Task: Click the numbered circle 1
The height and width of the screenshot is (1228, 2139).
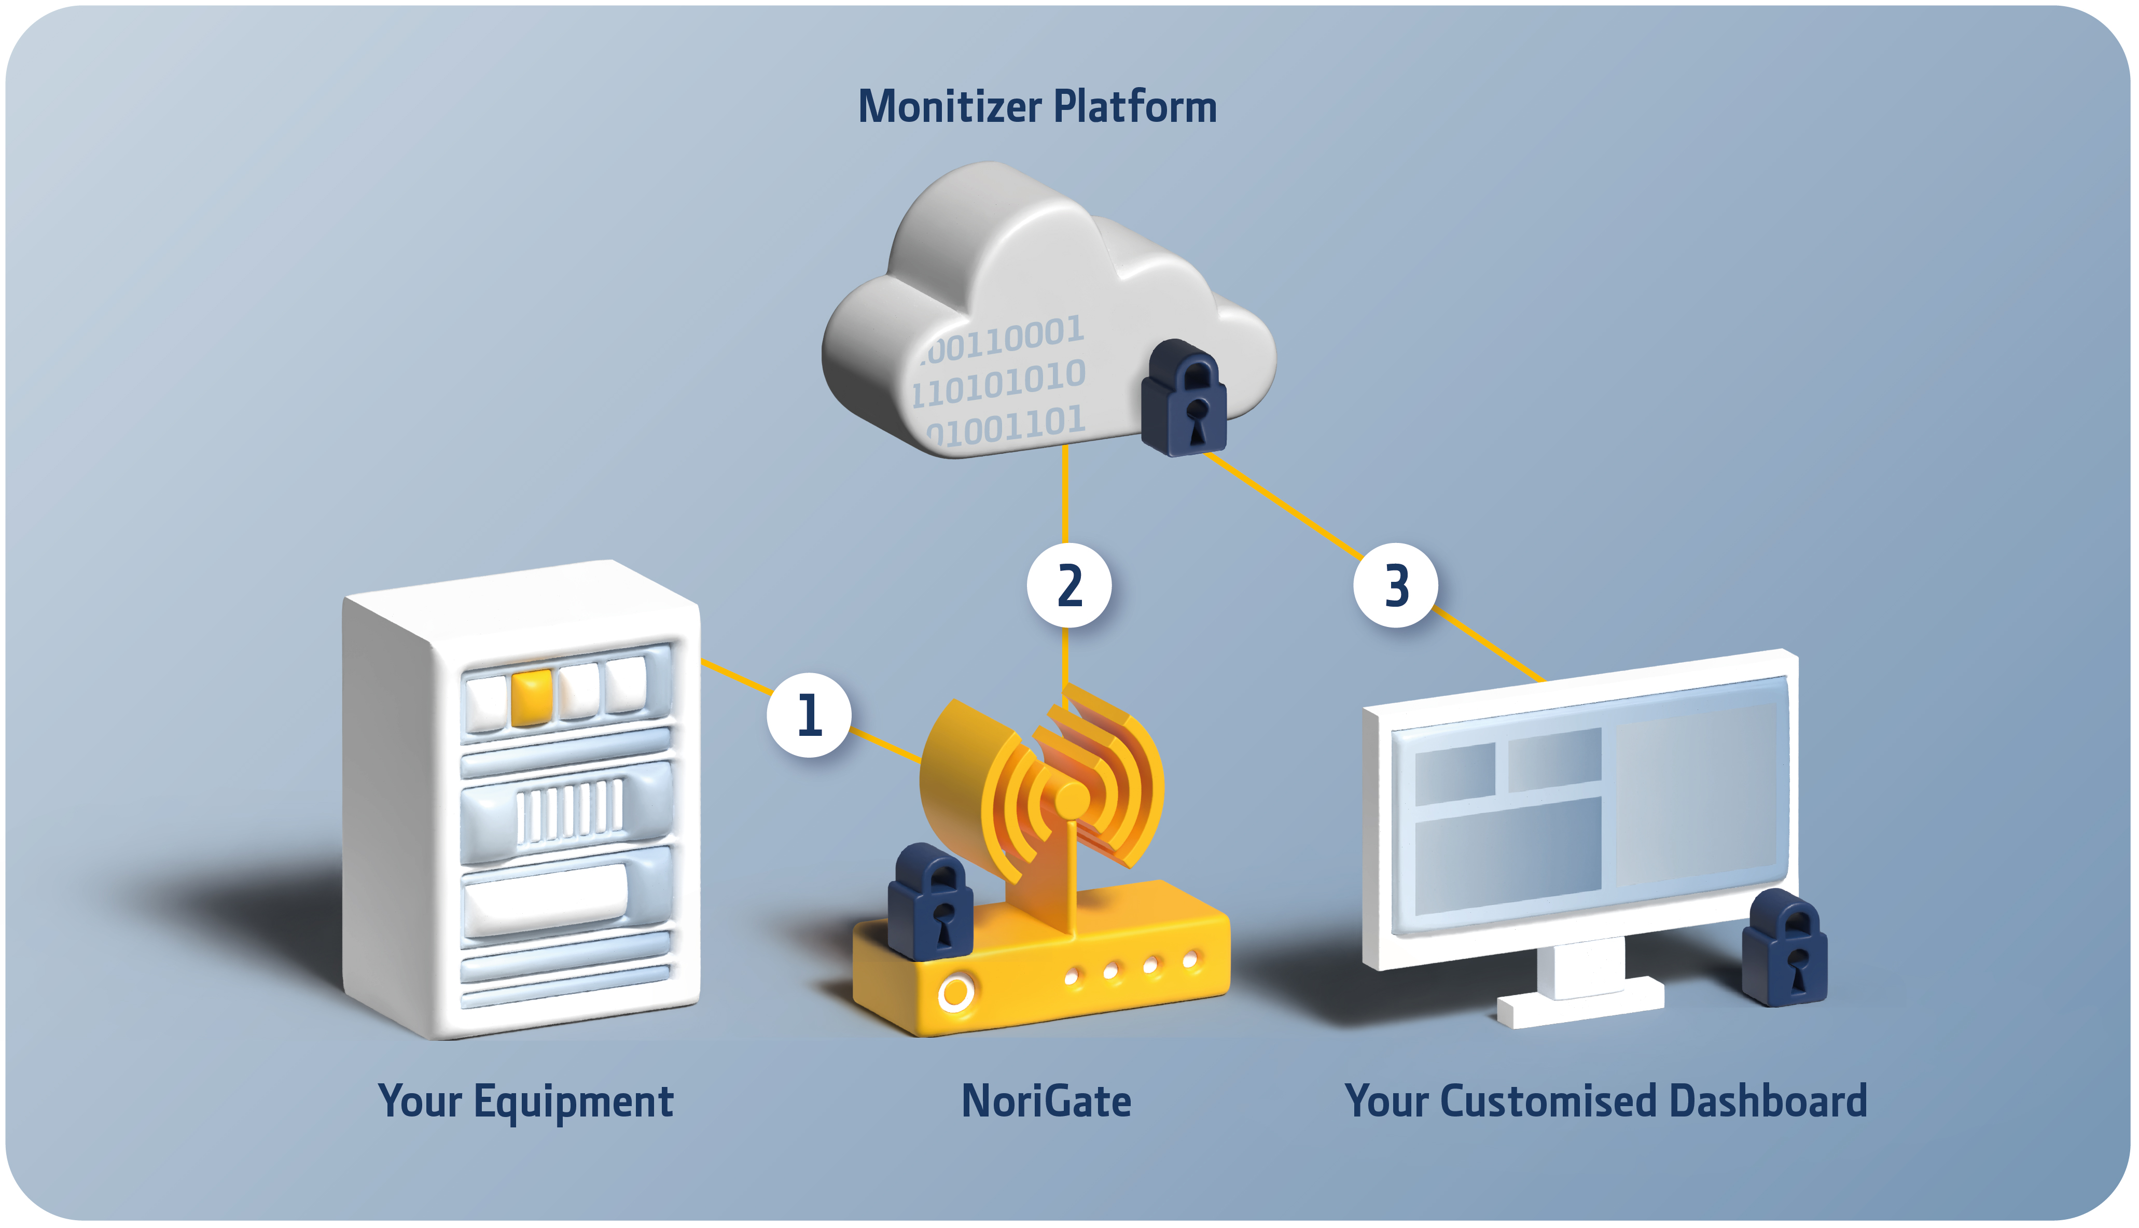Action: click(808, 715)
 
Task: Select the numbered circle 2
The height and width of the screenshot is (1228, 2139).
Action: click(1068, 585)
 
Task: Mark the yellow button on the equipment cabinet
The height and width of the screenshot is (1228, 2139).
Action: click(531, 696)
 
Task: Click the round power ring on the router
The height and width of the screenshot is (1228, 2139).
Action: click(955, 993)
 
